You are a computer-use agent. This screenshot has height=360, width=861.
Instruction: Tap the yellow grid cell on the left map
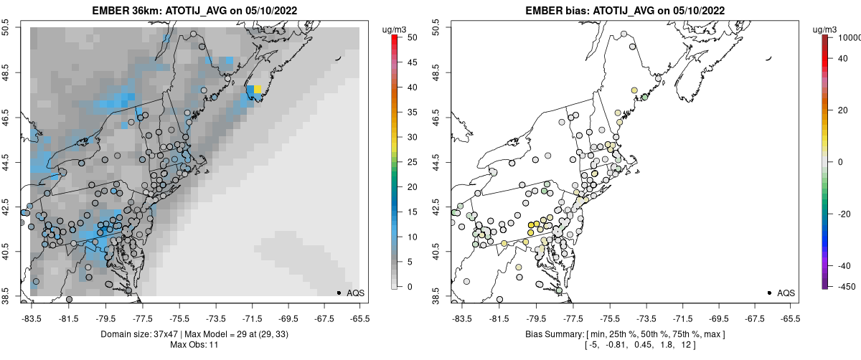point(257,89)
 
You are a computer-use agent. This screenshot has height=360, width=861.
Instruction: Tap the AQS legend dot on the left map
point(339,293)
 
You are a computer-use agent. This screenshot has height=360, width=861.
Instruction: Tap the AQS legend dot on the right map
point(769,293)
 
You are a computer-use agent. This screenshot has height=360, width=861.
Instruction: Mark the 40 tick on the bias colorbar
point(844,60)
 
